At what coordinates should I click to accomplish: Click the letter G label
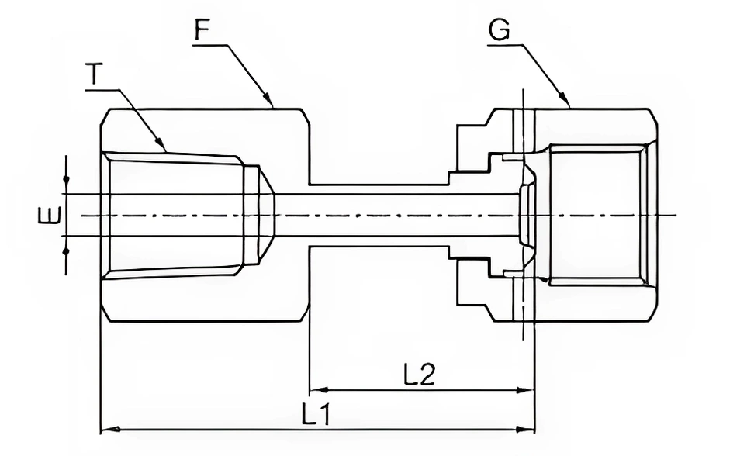tap(499, 32)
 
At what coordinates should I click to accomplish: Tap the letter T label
tap(94, 74)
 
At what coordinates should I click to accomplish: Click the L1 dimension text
tap(316, 415)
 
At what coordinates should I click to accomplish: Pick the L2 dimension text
tap(419, 376)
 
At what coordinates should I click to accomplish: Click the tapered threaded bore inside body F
tap(175, 214)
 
